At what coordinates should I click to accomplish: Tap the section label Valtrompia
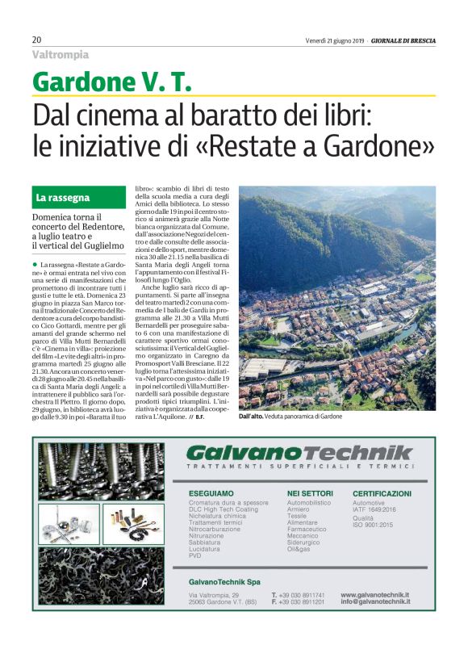point(61,55)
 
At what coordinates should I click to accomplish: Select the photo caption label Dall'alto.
point(256,416)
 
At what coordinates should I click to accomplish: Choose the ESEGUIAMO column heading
point(211,492)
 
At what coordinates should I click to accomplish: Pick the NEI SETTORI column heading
point(310,492)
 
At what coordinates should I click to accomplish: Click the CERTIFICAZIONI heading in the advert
point(382,492)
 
